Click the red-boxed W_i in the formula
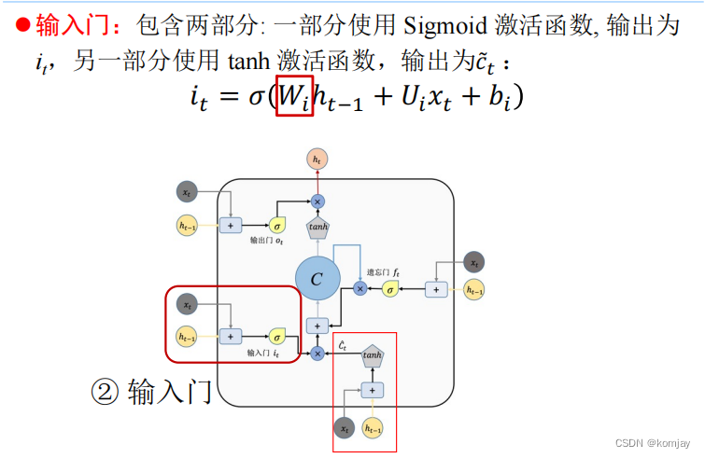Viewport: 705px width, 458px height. [x=294, y=95]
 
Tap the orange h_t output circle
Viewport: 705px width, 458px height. [x=317, y=160]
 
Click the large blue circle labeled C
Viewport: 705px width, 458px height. [x=317, y=279]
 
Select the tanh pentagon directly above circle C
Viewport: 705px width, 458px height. [x=317, y=227]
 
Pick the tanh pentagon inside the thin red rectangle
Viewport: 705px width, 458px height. [x=373, y=354]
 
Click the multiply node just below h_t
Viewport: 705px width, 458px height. [x=317, y=201]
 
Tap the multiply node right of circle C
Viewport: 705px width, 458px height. [x=360, y=289]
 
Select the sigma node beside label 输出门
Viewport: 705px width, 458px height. [x=277, y=225]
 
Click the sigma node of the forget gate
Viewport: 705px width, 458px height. [x=391, y=290]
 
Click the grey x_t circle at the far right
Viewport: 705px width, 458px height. [x=475, y=262]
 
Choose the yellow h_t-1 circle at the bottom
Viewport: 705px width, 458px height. [x=373, y=428]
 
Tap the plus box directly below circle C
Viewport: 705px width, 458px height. [x=317, y=326]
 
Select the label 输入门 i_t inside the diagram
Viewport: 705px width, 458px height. [x=263, y=354]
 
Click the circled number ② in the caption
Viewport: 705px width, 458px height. [x=104, y=391]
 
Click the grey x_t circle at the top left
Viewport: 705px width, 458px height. [x=188, y=193]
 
